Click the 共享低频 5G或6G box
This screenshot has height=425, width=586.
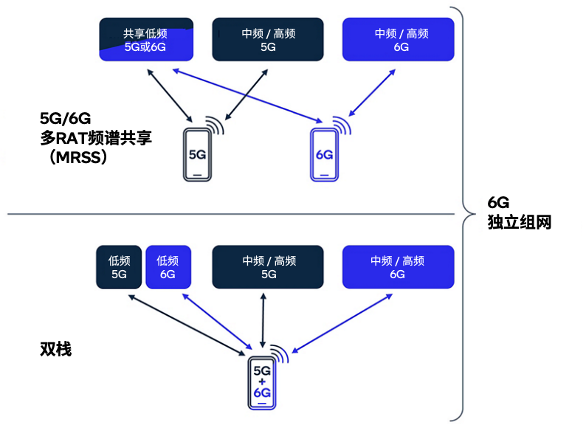tap(148, 40)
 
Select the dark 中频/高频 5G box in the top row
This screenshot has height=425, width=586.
tap(268, 40)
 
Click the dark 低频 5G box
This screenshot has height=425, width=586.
tap(119, 267)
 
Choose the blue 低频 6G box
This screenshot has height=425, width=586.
tap(168, 267)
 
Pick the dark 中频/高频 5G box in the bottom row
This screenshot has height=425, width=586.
tap(268, 267)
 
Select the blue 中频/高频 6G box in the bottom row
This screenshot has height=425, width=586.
tap(397, 267)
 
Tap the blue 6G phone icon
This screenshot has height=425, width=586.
tap(323, 155)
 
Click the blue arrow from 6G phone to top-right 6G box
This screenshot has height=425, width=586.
tap(371, 94)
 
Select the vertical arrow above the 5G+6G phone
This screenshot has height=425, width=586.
tap(263, 319)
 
